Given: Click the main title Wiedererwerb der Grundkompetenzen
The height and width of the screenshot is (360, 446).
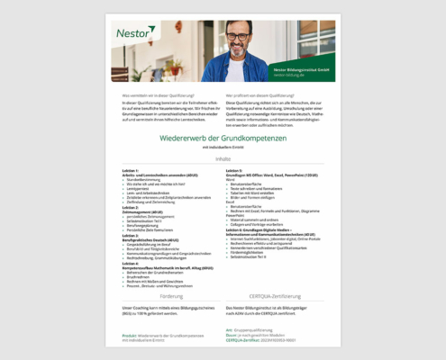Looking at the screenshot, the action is tap(223, 138).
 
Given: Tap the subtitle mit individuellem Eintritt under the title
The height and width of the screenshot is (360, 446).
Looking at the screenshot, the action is tap(223, 148).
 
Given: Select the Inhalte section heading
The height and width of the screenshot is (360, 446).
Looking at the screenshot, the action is tap(223, 159).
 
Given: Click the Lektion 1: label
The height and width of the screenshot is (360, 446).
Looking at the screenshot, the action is tap(130, 169).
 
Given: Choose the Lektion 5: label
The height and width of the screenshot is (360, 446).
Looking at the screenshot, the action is tap(234, 169).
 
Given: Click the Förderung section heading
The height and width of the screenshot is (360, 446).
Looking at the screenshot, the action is tap(171, 295).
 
